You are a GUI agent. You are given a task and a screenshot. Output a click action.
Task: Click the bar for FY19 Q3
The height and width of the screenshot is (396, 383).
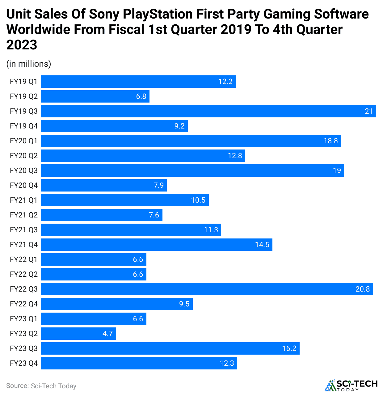click(208, 111)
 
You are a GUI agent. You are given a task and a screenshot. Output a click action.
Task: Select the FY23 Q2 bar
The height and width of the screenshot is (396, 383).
click(78, 334)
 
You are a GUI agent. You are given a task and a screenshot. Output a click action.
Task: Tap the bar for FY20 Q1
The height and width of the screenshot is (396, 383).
click(191, 141)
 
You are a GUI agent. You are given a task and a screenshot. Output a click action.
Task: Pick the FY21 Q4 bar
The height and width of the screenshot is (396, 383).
click(157, 245)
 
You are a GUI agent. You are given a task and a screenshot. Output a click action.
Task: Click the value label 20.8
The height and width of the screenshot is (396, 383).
click(363, 289)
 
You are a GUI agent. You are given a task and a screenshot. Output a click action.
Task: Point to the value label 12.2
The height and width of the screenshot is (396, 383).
click(225, 82)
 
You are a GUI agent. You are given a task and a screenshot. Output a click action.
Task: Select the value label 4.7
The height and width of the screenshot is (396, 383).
click(107, 334)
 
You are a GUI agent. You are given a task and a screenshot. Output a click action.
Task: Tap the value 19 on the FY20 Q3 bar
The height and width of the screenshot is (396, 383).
click(337, 171)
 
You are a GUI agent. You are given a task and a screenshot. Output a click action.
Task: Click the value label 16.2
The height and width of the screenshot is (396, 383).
click(289, 348)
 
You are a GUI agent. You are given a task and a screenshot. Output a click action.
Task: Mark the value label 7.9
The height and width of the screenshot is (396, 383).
click(159, 185)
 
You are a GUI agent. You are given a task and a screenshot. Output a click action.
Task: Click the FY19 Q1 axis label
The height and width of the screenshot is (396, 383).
click(23, 82)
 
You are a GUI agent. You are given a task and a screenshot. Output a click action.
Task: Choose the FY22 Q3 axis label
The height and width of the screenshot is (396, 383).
click(23, 289)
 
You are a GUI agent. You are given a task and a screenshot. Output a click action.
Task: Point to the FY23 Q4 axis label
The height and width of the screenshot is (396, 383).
click(23, 363)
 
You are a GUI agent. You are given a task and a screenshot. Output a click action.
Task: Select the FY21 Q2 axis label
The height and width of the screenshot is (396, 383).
click(23, 215)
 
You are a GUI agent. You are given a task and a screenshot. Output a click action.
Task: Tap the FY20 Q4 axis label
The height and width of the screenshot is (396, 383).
click(23, 185)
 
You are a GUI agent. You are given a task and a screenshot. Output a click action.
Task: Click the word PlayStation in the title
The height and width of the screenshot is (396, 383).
click(158, 14)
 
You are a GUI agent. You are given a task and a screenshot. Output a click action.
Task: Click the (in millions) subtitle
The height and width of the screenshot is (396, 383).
click(29, 64)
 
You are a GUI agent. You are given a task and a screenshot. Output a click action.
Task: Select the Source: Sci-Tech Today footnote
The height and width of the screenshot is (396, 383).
click(41, 386)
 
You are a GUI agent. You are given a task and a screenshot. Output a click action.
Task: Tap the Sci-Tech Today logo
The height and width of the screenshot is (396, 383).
click(351, 385)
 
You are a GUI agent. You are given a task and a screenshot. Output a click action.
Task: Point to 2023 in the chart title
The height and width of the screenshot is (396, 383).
click(22, 45)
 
